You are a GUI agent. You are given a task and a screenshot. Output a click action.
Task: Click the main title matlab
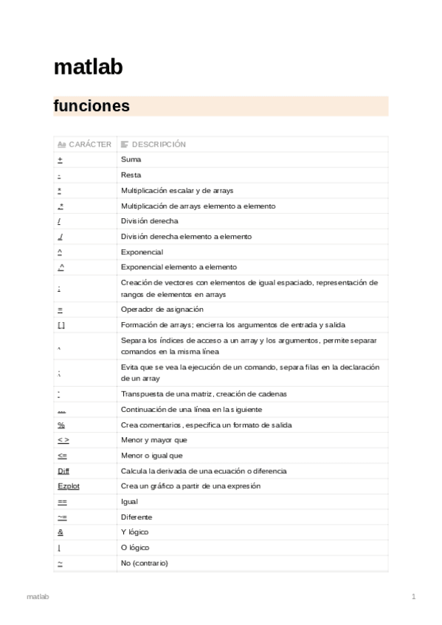[88, 68]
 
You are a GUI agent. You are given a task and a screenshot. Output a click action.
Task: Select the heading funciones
[91, 106]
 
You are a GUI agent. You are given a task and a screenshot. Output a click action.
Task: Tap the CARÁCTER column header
[85, 144]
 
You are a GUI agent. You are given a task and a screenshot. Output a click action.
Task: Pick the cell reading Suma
[131, 160]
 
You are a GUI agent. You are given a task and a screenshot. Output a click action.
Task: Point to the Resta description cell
[131, 175]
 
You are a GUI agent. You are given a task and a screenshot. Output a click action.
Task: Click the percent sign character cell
[61, 425]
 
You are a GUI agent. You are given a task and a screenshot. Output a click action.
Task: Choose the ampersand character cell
[60, 532]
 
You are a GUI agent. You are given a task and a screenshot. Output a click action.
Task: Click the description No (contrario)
[144, 563]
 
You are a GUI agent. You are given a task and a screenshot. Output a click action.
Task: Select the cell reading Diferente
[137, 517]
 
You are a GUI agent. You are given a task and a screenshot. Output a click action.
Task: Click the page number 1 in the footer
[414, 596]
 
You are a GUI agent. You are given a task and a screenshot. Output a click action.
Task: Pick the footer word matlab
[38, 596]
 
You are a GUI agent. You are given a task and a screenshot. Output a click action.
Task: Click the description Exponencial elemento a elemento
[179, 267]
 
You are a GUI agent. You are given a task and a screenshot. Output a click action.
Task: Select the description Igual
[129, 501]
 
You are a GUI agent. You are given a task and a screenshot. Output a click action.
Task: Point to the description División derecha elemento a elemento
[186, 237]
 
